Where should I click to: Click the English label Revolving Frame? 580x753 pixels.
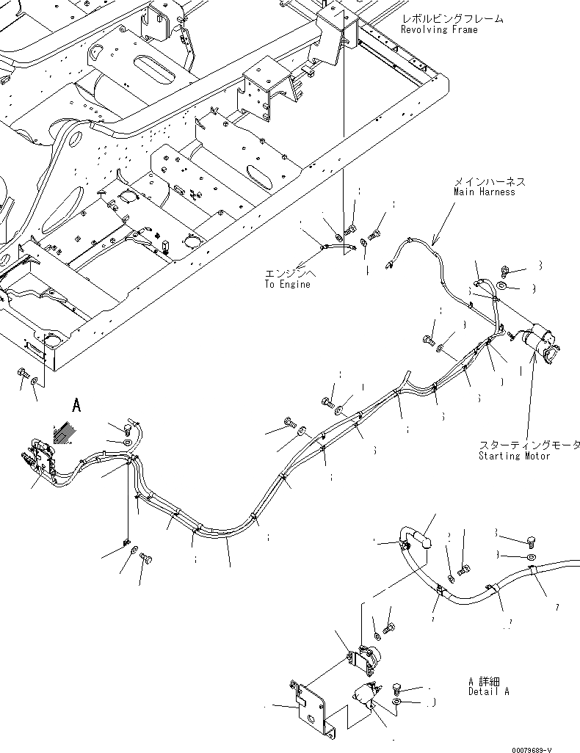(439, 29)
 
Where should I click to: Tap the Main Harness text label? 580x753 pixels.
(484, 192)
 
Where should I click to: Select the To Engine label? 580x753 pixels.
(287, 284)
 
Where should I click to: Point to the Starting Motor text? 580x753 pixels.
(514, 456)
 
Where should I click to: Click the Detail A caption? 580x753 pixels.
(488, 691)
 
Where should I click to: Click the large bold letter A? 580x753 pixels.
(76, 404)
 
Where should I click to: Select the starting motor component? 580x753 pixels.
(540, 344)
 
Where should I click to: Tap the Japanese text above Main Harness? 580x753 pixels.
(490, 181)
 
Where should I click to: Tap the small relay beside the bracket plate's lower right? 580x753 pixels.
(366, 694)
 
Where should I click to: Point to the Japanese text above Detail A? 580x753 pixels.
(488, 681)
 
